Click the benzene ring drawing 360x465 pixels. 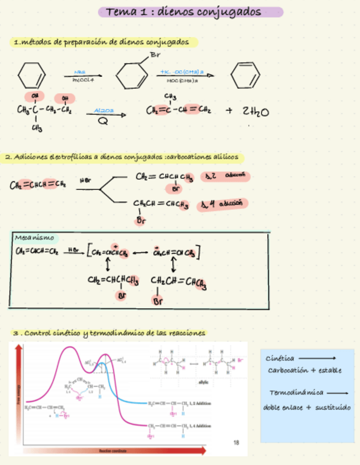point(244,75)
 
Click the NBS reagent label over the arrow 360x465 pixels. point(80,72)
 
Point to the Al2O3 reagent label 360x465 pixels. point(104,110)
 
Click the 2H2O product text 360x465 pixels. point(255,112)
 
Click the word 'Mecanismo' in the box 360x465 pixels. point(35,237)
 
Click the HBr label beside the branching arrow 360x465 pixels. point(85,179)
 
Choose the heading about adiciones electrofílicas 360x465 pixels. point(122,157)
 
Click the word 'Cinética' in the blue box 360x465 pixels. point(280,358)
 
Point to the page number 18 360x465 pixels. point(237,442)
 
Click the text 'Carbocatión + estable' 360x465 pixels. point(305,370)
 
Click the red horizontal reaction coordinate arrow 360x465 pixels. point(110,451)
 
